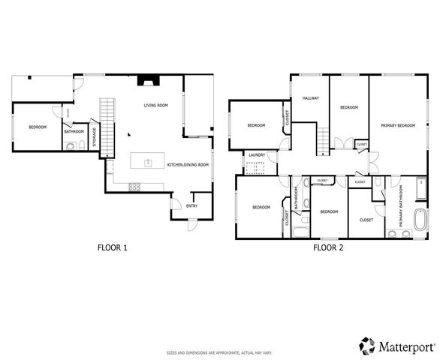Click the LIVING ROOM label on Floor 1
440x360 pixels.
pyautogui.click(x=155, y=106)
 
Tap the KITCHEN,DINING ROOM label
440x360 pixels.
pyautogui.click(x=188, y=164)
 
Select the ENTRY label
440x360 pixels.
pyautogui.click(x=191, y=205)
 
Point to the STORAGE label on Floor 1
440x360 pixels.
pyautogui.click(x=94, y=136)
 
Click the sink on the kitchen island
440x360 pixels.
pyautogui.click(x=148, y=162)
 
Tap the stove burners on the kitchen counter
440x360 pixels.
pyautogui.click(x=136, y=186)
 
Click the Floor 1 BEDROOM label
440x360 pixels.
pyautogui.click(x=38, y=127)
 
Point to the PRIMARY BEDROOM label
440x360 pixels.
pyautogui.click(x=397, y=125)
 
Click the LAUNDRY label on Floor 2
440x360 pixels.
pyautogui.click(x=257, y=155)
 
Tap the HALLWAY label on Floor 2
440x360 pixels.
pyautogui.click(x=311, y=99)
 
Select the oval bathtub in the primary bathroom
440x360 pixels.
pyautogui.click(x=420, y=220)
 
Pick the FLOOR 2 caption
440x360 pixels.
pyautogui.click(x=328, y=247)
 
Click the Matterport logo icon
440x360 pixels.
pyautogui.click(x=366, y=346)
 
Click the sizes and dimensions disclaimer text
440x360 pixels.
pyautogui.click(x=219, y=352)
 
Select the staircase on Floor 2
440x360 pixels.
pyautogui.click(x=324, y=138)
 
